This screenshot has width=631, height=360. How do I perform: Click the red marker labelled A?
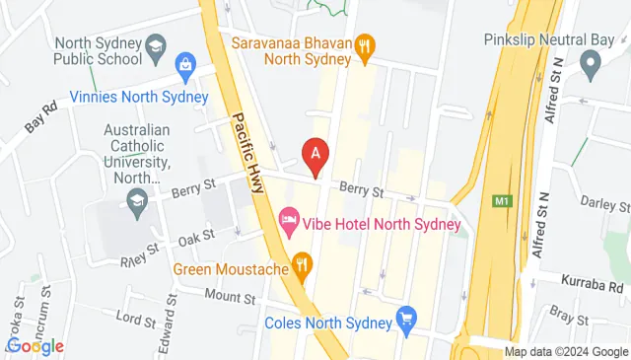(x=315, y=154)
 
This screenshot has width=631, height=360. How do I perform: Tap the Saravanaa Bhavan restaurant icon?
(x=365, y=44)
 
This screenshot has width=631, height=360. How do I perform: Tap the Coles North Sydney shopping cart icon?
(x=406, y=319)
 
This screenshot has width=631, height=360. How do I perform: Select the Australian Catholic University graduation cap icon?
(x=137, y=201)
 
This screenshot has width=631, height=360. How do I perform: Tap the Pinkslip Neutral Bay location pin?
(x=590, y=67)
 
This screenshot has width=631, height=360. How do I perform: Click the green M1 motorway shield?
(x=503, y=201)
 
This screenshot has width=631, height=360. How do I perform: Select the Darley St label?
(x=604, y=205)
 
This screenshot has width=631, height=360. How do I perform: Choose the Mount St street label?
(x=231, y=296)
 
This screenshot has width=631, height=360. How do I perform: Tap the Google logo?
(x=35, y=345)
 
